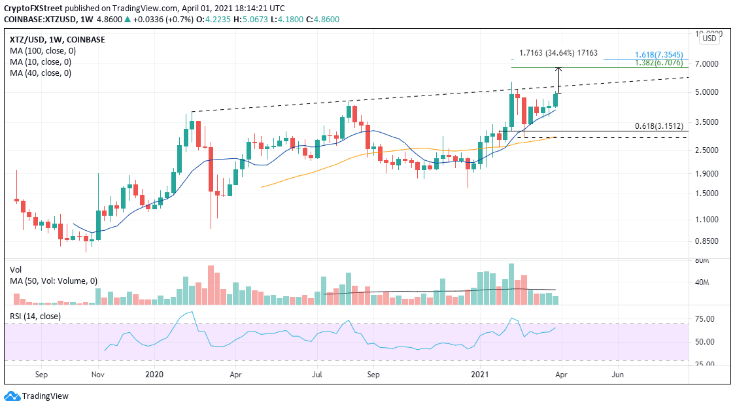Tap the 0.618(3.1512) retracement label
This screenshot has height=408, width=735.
tap(659, 126)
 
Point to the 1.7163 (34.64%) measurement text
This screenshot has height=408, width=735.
tap(558, 53)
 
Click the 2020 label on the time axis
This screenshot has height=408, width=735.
tap(154, 375)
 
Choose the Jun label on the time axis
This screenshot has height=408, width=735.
tap(617, 375)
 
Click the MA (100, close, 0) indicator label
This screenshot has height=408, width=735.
tap(42, 51)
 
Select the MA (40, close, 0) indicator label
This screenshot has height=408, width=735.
tap(40, 73)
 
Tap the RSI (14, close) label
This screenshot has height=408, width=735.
tap(36, 316)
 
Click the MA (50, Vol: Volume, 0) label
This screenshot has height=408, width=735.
tap(53, 281)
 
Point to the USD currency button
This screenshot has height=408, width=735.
tap(709, 39)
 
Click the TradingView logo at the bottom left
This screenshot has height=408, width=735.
tap(37, 396)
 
